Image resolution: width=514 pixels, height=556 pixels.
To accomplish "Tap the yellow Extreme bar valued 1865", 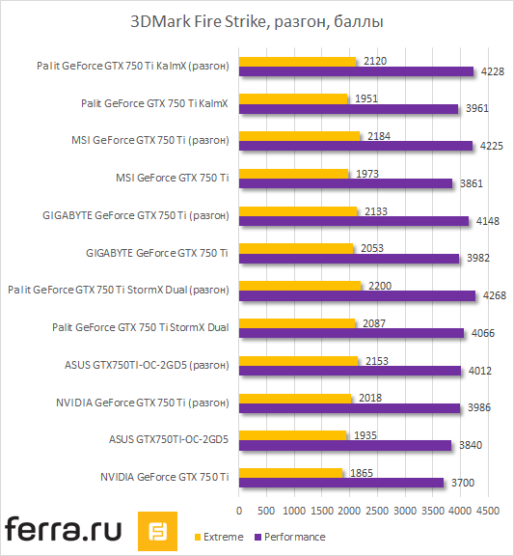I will coord(290,471).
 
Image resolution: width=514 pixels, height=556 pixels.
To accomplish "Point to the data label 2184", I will coord(379,135).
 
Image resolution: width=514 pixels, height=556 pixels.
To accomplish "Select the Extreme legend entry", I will coord(221,537).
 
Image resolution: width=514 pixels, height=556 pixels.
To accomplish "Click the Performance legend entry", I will coord(294,537).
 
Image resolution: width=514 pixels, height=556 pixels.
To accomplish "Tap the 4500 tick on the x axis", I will coord(487,507).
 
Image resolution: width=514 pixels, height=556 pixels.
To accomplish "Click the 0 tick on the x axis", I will coord(238,507).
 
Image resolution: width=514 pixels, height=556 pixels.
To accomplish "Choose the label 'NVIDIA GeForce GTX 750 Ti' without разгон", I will coord(164,477).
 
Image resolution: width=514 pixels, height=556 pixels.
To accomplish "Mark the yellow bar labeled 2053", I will coord(295,248).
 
